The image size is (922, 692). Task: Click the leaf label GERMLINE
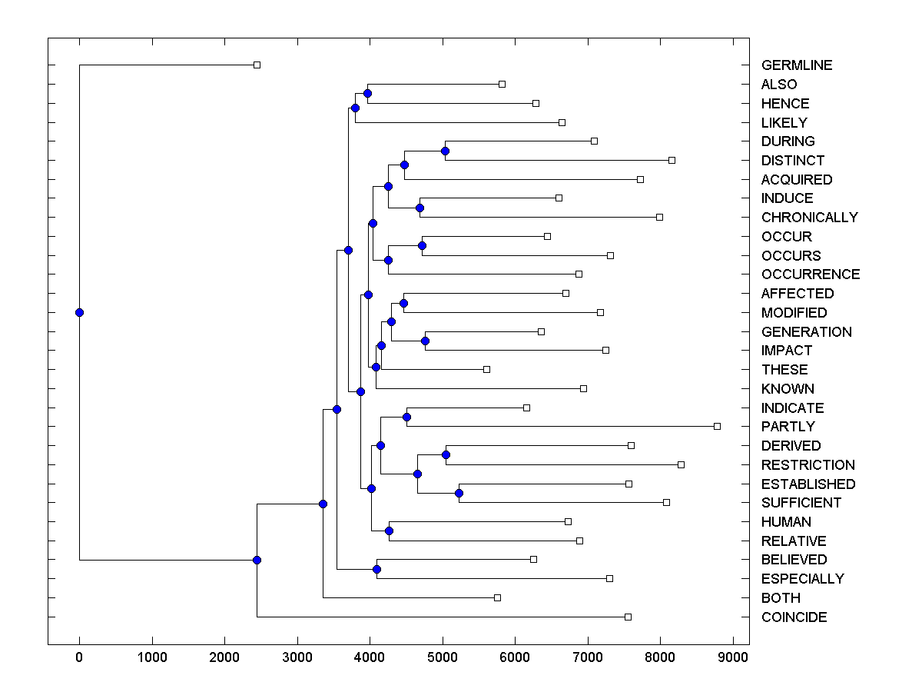(x=796, y=65)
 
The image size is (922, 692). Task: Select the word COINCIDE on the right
(x=794, y=617)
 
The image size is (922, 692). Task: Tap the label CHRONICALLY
(x=809, y=218)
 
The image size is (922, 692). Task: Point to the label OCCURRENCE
(x=810, y=274)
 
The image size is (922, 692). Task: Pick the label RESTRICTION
(x=808, y=465)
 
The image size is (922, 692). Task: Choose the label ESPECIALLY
(x=802, y=579)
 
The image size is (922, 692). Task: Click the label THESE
(x=784, y=370)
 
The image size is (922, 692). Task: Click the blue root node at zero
(x=79, y=312)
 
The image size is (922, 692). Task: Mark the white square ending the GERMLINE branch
(x=257, y=65)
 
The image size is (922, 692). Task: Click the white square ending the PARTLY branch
(x=717, y=426)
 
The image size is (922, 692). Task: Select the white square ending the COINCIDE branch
(x=628, y=617)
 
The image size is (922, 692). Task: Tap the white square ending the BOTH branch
(x=497, y=597)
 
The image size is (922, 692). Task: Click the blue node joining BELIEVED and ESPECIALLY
(x=376, y=569)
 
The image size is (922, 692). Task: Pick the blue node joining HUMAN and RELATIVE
(x=389, y=531)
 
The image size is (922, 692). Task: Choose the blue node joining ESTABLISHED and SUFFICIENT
(x=459, y=493)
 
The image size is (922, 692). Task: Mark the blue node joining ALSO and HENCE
(x=367, y=93)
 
